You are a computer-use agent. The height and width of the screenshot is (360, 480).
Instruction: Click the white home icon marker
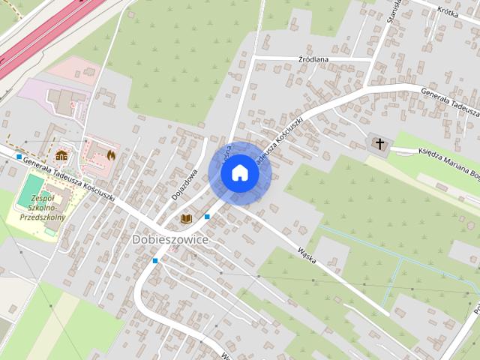(x=239, y=173)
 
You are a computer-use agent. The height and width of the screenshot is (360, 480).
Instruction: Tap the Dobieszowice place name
(x=170, y=238)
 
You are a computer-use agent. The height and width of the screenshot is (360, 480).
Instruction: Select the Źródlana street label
(x=313, y=58)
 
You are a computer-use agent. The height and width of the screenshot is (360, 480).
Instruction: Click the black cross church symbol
(x=379, y=143)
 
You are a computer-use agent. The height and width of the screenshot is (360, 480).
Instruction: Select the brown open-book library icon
(x=187, y=218)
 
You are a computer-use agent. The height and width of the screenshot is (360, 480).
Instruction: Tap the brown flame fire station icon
(x=111, y=155)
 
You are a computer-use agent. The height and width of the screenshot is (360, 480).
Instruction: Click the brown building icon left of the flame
(x=61, y=155)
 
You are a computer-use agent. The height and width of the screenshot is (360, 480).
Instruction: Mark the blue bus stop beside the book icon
(x=207, y=217)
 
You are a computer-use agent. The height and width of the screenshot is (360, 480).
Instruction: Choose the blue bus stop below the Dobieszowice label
(x=155, y=260)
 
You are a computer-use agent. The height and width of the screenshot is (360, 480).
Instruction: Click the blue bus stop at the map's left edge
(x=19, y=156)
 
